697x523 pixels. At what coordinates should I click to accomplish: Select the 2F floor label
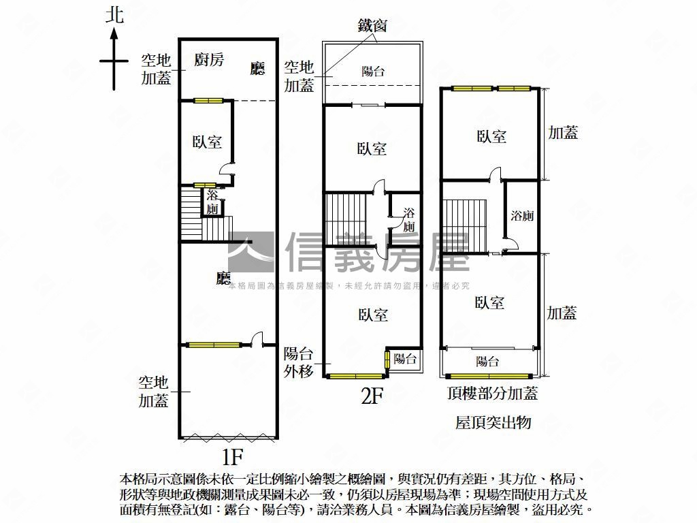pyautogui.click(x=372, y=396)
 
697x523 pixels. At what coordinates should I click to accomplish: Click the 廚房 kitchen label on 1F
pyautogui.click(x=209, y=60)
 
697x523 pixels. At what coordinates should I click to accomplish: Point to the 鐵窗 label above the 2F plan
pyautogui.click(x=372, y=26)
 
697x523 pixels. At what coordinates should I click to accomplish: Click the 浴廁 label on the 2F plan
pyautogui.click(x=409, y=219)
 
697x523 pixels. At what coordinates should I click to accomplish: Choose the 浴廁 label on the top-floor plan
pyautogui.click(x=522, y=216)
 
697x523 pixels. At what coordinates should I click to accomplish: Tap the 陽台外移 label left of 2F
pyautogui.click(x=298, y=362)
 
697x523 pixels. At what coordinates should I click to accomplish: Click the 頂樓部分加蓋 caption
pyautogui.click(x=492, y=394)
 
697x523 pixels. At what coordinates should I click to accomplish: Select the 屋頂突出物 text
pyautogui.click(x=493, y=423)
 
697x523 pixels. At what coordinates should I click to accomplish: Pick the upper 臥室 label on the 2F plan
pyautogui.click(x=372, y=148)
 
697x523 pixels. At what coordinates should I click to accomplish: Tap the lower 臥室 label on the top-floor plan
pyautogui.click(x=490, y=302)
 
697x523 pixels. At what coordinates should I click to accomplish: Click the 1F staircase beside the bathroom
pyautogui.click(x=193, y=212)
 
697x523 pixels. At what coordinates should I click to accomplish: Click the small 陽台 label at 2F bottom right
pyautogui.click(x=405, y=359)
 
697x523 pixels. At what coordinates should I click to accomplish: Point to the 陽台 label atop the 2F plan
pyautogui.click(x=373, y=71)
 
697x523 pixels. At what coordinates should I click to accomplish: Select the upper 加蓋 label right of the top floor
pyautogui.click(x=563, y=133)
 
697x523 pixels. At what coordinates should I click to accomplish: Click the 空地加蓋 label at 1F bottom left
pyautogui.click(x=154, y=392)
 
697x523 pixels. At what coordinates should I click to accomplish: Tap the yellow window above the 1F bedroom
pyautogui.click(x=208, y=101)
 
